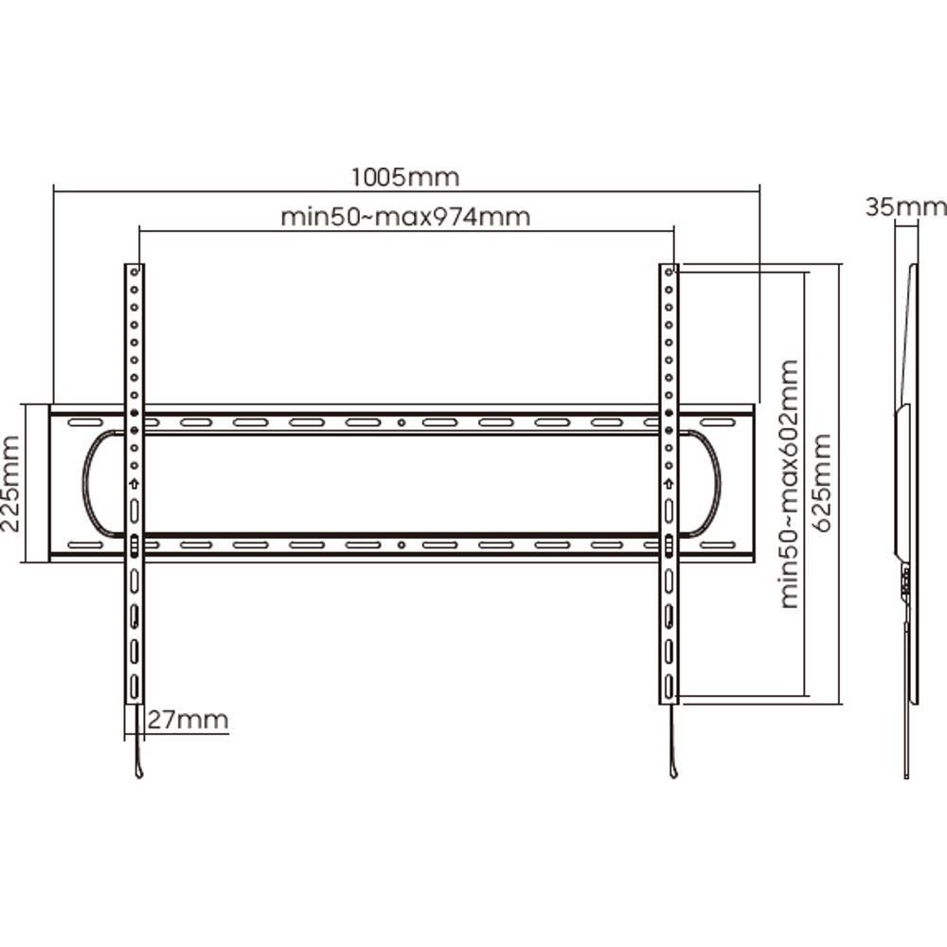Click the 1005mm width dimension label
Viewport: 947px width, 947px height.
tap(405, 178)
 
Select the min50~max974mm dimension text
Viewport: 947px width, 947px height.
tap(406, 217)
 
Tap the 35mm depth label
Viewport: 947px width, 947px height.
tap(905, 207)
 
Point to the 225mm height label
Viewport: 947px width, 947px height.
tap(11, 484)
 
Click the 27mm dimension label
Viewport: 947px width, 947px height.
tap(188, 720)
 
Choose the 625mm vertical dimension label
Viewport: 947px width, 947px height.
tap(823, 483)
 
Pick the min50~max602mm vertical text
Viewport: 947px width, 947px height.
tap(790, 484)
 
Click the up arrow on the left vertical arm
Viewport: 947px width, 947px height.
tap(134, 484)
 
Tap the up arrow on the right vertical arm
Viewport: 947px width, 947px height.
tap(669, 484)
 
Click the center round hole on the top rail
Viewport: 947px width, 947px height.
tap(402, 422)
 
